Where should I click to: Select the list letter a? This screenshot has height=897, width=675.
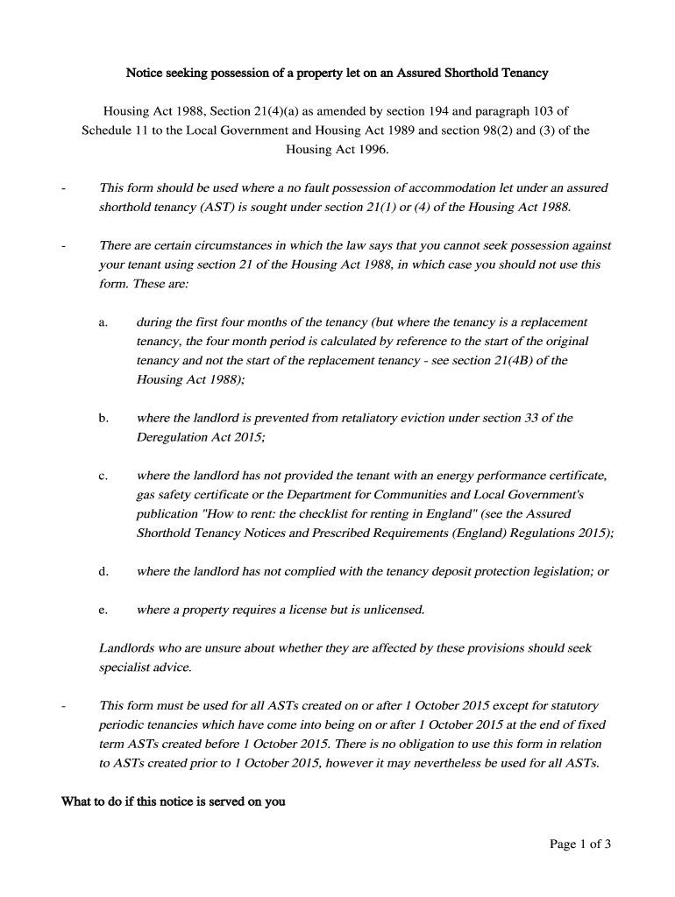(x=103, y=322)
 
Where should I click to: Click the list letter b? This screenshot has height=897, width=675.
(x=103, y=419)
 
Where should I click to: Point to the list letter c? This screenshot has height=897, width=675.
(x=103, y=476)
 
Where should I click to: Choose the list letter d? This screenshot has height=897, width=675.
(x=103, y=572)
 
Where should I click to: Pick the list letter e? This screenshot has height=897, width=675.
(x=103, y=611)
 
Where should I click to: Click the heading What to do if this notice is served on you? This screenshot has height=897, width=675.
(x=173, y=802)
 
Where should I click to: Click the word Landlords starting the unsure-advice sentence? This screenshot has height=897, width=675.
(x=128, y=648)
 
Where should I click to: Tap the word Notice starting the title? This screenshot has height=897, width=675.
(x=146, y=73)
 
